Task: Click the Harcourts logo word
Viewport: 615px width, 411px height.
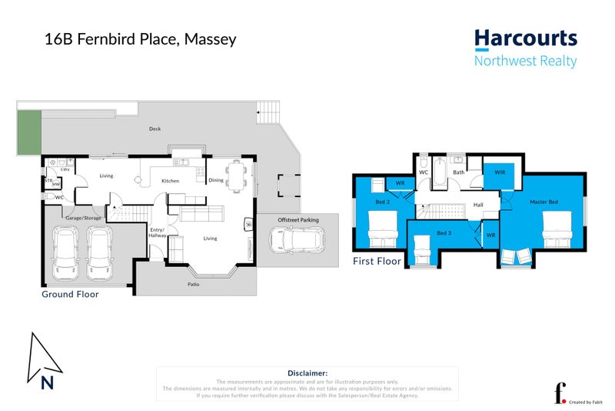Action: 525,38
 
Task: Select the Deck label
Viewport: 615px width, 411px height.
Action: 155,129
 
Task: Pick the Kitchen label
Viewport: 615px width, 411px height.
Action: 170,181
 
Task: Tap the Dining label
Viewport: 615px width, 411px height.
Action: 215,180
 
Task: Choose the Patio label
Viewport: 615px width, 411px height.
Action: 194,284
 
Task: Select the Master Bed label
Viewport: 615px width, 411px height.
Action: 544,202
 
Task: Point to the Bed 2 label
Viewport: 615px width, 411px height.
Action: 382,202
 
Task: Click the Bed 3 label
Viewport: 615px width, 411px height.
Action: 443,232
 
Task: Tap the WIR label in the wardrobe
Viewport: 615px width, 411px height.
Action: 499,172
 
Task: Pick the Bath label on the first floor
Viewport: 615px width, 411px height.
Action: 459,172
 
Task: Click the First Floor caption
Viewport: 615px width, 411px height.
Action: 377,262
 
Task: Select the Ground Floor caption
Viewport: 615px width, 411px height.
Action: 70,294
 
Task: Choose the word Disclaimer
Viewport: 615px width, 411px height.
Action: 307,373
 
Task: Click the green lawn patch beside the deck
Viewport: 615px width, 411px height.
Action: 29,132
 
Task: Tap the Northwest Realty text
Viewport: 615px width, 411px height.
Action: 525,62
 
